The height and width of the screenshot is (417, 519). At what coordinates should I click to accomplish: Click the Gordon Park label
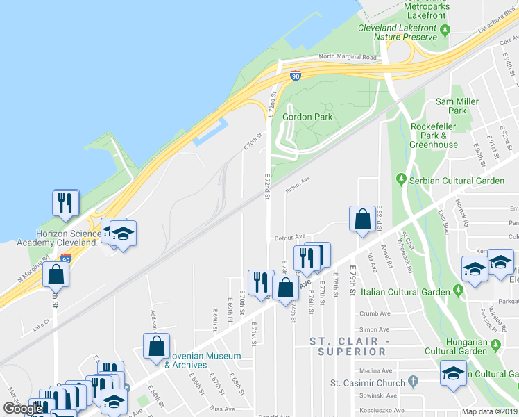click(x=307, y=116)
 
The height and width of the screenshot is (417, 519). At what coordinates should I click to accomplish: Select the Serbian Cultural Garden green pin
click(x=401, y=180)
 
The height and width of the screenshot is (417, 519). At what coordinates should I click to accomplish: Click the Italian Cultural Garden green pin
click(x=458, y=289)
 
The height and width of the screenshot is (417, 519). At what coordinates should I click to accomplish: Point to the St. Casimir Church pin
click(x=414, y=382)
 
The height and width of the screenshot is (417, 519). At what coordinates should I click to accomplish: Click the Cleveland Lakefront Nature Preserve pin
click(x=445, y=30)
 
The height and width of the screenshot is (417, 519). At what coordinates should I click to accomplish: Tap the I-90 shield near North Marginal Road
click(x=296, y=75)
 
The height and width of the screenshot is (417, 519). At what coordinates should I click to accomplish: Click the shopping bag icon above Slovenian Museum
click(x=157, y=345)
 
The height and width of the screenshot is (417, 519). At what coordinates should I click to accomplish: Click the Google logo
click(x=23, y=409)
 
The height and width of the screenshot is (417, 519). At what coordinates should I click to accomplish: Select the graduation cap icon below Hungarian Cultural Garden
click(x=453, y=374)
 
